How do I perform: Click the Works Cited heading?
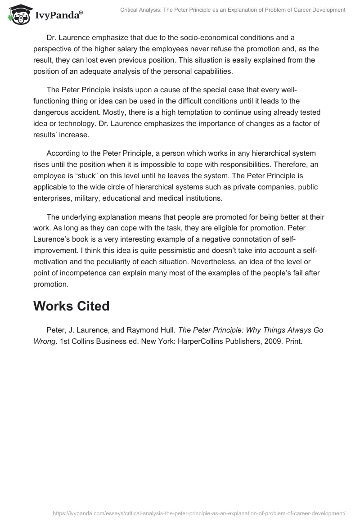tap(71, 306)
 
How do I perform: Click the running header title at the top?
tap(233, 10)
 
